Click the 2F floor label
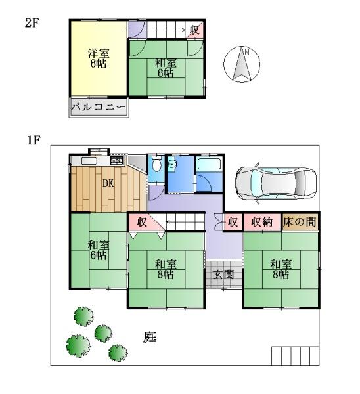(32, 23)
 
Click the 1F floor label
(34, 141)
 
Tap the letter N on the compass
(246, 53)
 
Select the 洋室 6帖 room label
(99, 58)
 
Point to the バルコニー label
(99, 108)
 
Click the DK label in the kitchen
(108, 184)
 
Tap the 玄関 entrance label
(223, 274)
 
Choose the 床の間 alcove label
(300, 222)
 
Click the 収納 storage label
(262, 222)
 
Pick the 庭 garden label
(150, 338)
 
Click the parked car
(276, 183)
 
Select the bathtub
(210, 164)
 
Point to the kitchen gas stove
(117, 160)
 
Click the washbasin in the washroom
(172, 164)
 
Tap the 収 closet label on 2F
(194, 30)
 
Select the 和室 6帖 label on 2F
(166, 68)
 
